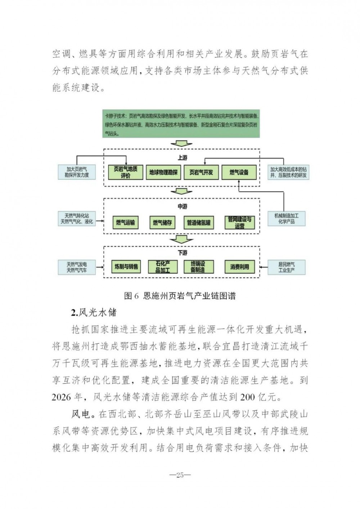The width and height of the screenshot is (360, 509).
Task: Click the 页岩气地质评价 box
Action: coord(125,172)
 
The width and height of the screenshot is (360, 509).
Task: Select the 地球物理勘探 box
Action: coord(163,172)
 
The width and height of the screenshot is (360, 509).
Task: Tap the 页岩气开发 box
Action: coord(201,172)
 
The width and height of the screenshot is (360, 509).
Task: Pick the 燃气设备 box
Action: coord(239,172)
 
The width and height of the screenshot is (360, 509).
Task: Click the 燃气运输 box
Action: coord(126,222)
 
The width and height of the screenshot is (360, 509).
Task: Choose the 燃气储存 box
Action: coord(162,222)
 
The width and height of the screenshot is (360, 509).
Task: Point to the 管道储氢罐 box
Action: coord(198,222)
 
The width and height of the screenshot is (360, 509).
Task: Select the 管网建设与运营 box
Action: coord(240,222)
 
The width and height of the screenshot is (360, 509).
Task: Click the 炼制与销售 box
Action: coord(126,267)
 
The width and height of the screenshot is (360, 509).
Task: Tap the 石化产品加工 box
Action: coord(163,267)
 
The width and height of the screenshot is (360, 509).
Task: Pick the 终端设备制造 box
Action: coord(198,267)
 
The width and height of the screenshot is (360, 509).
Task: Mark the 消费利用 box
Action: coord(240,267)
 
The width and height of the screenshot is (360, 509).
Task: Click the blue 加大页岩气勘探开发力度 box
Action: coord(77,172)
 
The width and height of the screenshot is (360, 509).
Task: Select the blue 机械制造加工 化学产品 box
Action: coord(287,219)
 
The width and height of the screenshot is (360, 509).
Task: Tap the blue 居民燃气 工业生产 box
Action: coord(287,267)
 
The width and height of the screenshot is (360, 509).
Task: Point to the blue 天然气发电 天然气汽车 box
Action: coord(77,267)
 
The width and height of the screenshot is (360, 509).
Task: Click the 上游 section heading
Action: coord(183,157)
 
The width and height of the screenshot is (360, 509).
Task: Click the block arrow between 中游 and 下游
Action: coord(181,240)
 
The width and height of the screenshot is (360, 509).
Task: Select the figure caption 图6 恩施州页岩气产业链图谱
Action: coord(180,296)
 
